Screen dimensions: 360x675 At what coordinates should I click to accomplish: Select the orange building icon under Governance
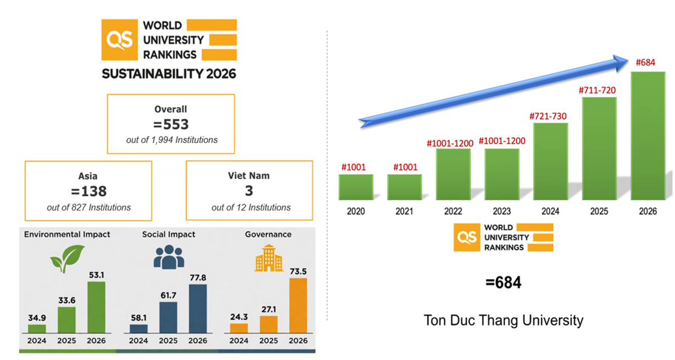click(269, 257)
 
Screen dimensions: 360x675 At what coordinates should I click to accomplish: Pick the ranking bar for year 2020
click(355, 187)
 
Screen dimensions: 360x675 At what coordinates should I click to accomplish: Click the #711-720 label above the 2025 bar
click(598, 91)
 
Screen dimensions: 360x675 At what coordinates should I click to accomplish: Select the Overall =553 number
click(171, 124)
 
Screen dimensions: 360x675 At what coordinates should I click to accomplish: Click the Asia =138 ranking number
click(88, 192)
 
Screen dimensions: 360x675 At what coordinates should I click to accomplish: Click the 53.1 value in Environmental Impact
click(96, 274)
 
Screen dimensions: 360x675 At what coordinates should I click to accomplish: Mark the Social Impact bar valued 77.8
click(197, 309)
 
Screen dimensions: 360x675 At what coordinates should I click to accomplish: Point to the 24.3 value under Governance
click(238, 317)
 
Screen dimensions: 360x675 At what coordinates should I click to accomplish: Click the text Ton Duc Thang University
click(503, 321)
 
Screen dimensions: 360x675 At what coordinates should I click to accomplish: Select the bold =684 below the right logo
click(503, 283)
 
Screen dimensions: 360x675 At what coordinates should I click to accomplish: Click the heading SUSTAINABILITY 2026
click(169, 74)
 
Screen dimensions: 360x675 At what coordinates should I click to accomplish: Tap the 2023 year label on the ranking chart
click(502, 211)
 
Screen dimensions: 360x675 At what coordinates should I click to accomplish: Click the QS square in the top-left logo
click(119, 40)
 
